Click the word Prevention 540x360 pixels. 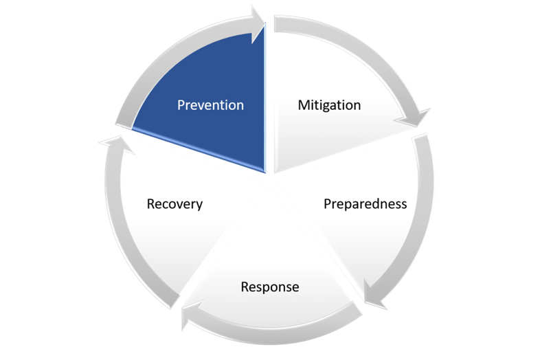pyautogui.click(x=210, y=105)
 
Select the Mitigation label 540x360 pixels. pyautogui.click(x=329, y=105)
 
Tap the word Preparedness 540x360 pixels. pyautogui.click(x=365, y=204)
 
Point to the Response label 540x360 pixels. pyautogui.click(x=270, y=286)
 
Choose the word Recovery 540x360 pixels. pyautogui.click(x=175, y=204)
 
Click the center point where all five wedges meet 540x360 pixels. pyautogui.click(x=270, y=180)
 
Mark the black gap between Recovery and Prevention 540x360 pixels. pyautogui.click(x=185, y=151)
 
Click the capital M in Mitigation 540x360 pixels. pyautogui.click(x=304, y=105)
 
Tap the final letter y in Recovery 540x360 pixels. pyautogui.click(x=199, y=205)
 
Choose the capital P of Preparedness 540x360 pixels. pyautogui.click(x=327, y=204)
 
